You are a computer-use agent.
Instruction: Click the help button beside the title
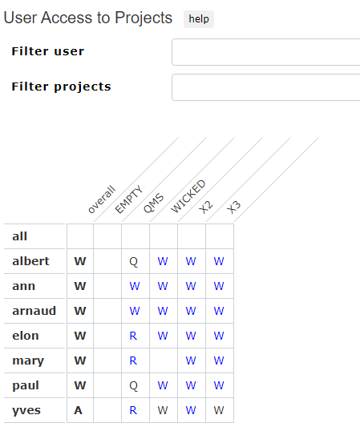coord(199,19)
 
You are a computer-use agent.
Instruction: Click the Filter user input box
coord(266,52)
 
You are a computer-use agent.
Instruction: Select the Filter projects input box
coord(266,87)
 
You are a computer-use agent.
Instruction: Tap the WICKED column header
coord(188,196)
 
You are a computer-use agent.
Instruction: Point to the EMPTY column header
coord(128,199)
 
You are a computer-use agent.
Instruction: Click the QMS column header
coord(153,203)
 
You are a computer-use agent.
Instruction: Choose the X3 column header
coord(233,207)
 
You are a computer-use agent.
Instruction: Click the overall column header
coord(101,199)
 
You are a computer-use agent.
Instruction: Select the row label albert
coord(30,261)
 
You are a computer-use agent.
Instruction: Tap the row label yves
coord(26,410)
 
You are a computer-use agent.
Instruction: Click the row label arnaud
coord(34,311)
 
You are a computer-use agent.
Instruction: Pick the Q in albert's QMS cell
coord(134,261)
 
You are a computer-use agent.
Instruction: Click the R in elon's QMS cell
coord(133,336)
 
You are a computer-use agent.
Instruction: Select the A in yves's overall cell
coord(79,410)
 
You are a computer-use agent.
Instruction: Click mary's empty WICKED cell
coord(164,360)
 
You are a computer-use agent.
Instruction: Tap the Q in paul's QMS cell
coord(134,385)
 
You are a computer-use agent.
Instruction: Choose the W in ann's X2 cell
coord(191,286)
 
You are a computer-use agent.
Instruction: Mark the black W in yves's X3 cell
coord(219,410)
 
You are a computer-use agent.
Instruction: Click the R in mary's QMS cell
coord(133,360)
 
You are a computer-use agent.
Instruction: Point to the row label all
coord(20,236)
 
